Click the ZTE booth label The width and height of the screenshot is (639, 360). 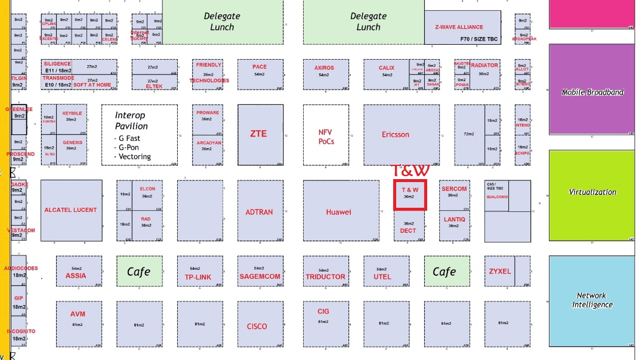(x=259, y=134)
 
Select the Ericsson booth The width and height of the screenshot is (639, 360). (x=396, y=134)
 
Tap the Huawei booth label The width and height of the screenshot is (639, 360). (x=338, y=212)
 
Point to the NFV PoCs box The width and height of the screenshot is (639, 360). (x=326, y=137)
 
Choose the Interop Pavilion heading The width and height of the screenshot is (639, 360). (x=131, y=120)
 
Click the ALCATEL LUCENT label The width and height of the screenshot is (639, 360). (x=70, y=210)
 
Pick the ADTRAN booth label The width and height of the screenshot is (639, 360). (x=259, y=212)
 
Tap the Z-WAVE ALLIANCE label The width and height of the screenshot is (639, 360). (x=459, y=27)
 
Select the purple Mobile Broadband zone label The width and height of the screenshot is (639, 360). (x=592, y=93)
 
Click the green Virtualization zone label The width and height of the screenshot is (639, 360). (x=592, y=192)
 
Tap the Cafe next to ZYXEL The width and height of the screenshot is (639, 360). (x=444, y=272)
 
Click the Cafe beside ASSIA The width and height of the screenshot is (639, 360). (x=139, y=272)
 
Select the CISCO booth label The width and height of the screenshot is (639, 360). (x=257, y=327)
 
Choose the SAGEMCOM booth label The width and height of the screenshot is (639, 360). (x=260, y=276)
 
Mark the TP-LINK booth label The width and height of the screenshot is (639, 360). (x=198, y=277)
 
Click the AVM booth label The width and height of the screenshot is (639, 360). (x=78, y=314)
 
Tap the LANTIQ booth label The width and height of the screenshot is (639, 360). (x=454, y=220)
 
